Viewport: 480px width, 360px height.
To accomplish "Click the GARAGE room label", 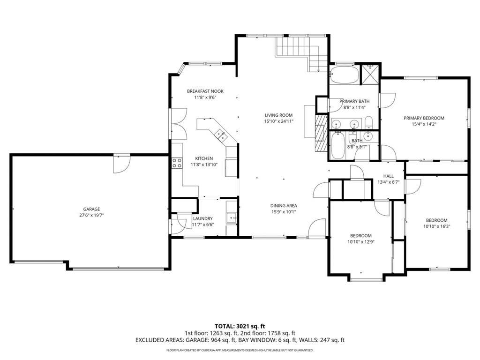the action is click(x=92, y=209).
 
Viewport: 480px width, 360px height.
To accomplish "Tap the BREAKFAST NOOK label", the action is click(x=205, y=91).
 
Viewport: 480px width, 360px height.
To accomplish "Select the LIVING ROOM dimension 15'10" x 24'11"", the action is click(x=279, y=121).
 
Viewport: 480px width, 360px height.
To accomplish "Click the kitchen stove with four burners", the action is click(x=177, y=163).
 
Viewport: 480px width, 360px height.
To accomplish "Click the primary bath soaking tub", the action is click(x=345, y=75).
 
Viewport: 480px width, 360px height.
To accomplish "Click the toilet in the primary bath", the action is click(x=368, y=122).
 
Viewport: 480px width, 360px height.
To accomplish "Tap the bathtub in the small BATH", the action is click(x=337, y=146).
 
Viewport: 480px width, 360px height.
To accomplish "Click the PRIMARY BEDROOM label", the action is click(x=424, y=118).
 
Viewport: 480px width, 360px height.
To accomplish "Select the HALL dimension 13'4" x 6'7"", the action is click(x=389, y=182).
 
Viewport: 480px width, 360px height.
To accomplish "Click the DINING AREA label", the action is click(x=284, y=206).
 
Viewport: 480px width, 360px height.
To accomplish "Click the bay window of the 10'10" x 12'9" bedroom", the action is click(x=367, y=279).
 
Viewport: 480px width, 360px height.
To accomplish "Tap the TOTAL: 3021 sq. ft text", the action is click(x=240, y=326).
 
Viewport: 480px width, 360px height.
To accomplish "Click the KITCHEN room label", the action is click(x=204, y=158).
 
